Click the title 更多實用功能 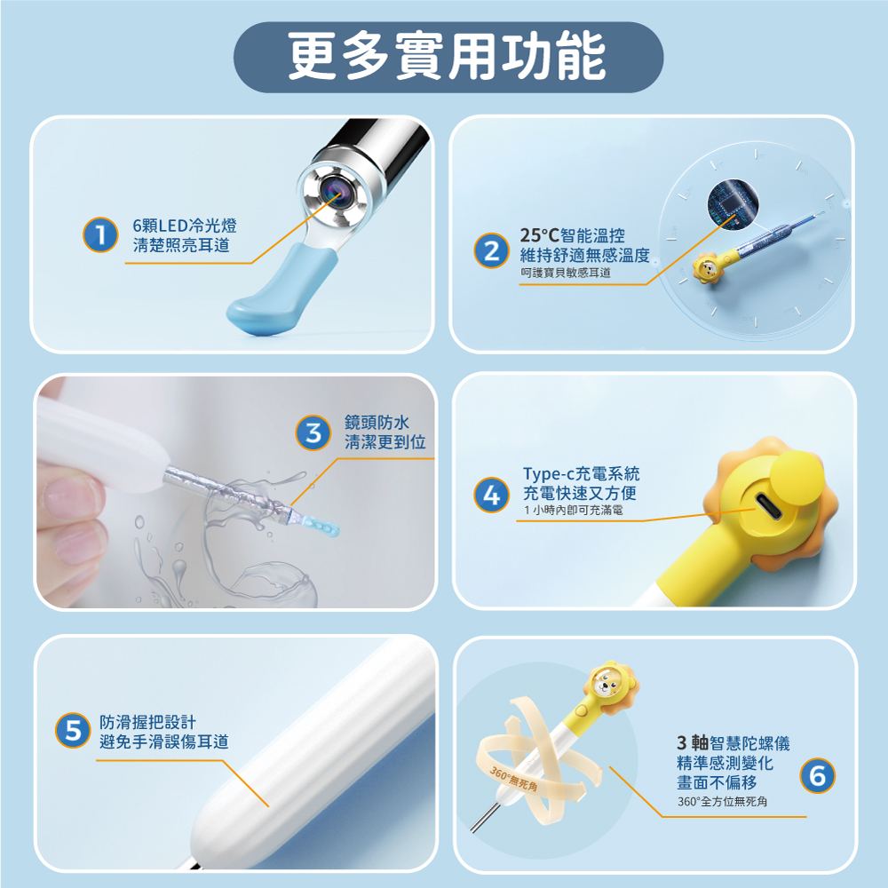pyautogui.click(x=448, y=57)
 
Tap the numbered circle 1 pyautogui.click(x=100, y=234)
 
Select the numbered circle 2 pyautogui.click(x=491, y=250)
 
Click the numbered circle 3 pyautogui.click(x=313, y=433)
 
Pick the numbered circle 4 pyautogui.click(x=492, y=495)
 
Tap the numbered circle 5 pyautogui.click(x=73, y=731)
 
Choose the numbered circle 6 pyautogui.click(x=817, y=775)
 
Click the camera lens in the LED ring pyautogui.click(x=335, y=193)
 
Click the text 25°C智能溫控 pyautogui.click(x=573, y=235)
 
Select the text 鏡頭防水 pyautogui.click(x=377, y=423)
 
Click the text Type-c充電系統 pyautogui.click(x=581, y=473)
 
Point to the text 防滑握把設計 pyautogui.click(x=147, y=722)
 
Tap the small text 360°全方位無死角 pyautogui.click(x=722, y=801)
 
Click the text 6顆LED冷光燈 pyautogui.click(x=185, y=226)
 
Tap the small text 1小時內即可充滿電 pyautogui.click(x=573, y=510)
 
